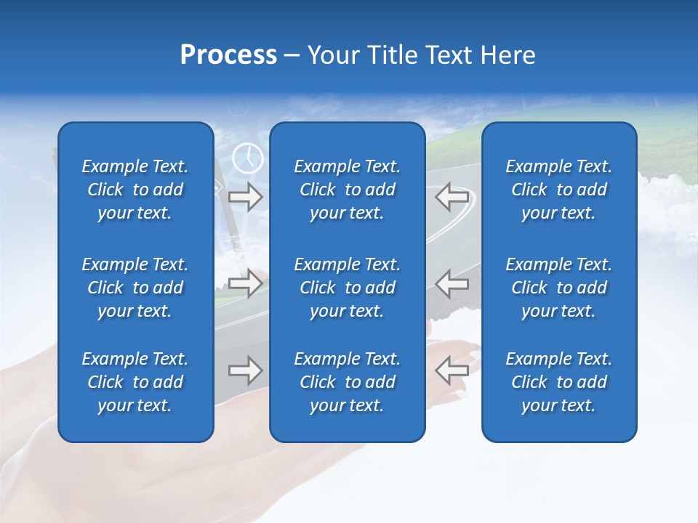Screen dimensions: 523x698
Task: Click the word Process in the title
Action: click(x=228, y=55)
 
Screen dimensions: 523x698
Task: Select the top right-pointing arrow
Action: click(x=246, y=197)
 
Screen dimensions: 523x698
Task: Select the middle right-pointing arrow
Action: click(x=246, y=283)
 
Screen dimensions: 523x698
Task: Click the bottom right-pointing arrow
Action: click(x=246, y=370)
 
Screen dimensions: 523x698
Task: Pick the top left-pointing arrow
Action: click(x=452, y=197)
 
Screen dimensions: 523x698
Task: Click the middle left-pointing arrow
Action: click(x=452, y=283)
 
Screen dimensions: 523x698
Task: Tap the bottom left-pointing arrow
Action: click(x=452, y=370)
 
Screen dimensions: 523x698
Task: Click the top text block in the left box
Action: click(x=135, y=190)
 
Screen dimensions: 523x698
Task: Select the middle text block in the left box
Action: click(x=135, y=288)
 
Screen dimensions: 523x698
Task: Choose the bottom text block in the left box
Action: click(x=135, y=382)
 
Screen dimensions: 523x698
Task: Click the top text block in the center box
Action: click(x=347, y=190)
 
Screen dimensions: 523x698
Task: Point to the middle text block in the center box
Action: click(x=347, y=288)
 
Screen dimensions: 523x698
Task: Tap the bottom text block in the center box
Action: click(x=347, y=382)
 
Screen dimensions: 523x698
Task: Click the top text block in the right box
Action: click(x=558, y=190)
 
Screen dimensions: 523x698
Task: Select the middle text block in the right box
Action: click(x=558, y=288)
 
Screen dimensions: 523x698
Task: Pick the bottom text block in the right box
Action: click(x=558, y=382)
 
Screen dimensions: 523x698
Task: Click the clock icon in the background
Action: click(x=248, y=158)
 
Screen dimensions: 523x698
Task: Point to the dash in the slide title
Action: click(x=292, y=56)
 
